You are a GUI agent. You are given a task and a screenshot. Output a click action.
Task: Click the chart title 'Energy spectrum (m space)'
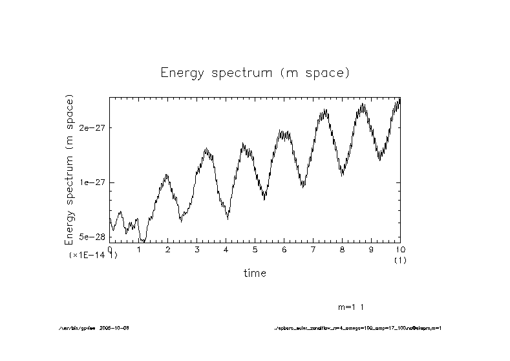coord(255,72)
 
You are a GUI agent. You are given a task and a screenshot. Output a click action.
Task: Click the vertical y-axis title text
coord(70,169)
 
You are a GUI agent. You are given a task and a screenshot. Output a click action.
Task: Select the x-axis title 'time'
coord(255,273)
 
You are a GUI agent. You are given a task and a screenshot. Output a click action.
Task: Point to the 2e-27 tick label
coord(92,128)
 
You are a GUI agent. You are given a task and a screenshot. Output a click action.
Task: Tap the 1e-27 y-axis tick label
coord(92,182)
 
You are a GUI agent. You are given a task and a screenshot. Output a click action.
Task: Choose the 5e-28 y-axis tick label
coord(92,237)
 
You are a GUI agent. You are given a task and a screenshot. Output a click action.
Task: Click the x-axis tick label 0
coord(110,249)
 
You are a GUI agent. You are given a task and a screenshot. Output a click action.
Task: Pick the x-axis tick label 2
coord(168,249)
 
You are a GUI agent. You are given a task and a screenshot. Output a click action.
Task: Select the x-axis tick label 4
coord(226,249)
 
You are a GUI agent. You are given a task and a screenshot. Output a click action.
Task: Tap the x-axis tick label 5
coord(255,249)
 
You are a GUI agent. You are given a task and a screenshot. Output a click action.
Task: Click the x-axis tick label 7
coord(313,249)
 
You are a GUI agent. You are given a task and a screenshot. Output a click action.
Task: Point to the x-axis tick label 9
coord(372,249)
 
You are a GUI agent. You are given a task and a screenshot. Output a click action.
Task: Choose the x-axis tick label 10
coord(399,249)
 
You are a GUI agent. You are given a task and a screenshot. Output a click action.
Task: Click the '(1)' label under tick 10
coord(400,259)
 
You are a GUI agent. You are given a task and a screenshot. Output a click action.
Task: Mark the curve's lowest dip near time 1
coord(144,241)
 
